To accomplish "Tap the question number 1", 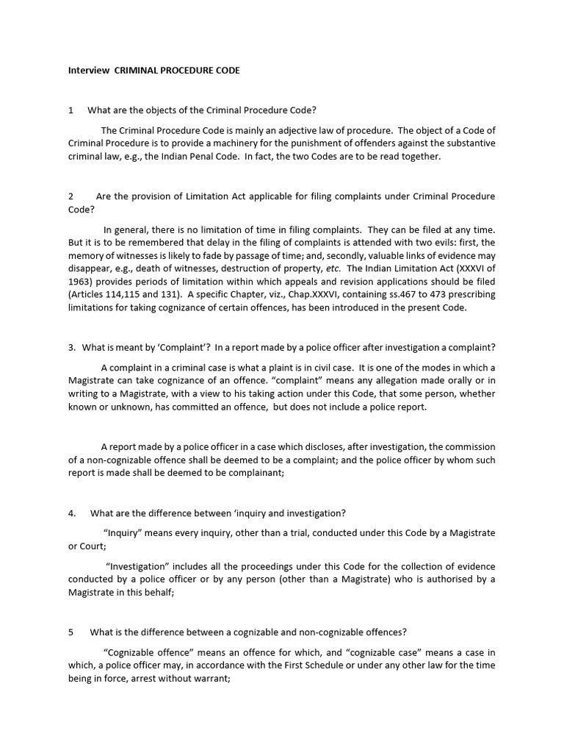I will pos(70,110).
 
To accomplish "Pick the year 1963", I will pos(82,282).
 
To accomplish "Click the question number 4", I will pos(70,513).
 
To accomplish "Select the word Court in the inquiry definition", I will pos(91,546).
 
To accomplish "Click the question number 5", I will pos(70,632).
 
